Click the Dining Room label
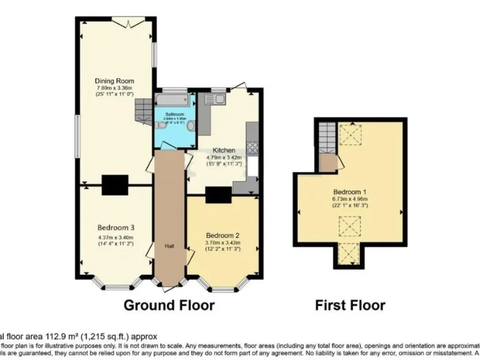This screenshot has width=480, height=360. (x=114, y=81)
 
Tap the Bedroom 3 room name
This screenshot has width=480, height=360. (x=116, y=227)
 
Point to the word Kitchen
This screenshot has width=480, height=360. (x=224, y=151)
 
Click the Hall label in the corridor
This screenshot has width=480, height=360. (x=169, y=246)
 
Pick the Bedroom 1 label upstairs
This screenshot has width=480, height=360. (x=349, y=191)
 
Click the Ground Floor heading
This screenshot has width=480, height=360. (x=169, y=306)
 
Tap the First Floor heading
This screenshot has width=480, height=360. (x=349, y=306)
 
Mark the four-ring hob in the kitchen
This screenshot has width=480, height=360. (x=253, y=147)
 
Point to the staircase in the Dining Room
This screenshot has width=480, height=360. (x=144, y=111)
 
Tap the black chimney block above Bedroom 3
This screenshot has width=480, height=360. (x=115, y=184)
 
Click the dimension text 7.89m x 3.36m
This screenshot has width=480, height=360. (x=114, y=89)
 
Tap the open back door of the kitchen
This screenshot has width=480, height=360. (x=241, y=86)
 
